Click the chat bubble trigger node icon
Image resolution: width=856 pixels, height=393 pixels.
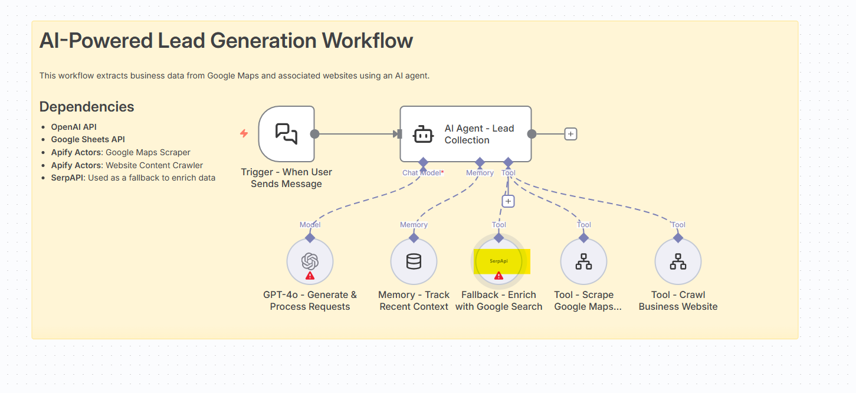[286, 134]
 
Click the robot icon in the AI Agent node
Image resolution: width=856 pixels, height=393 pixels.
[423, 134]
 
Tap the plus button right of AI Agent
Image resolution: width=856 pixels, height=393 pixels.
[570, 134]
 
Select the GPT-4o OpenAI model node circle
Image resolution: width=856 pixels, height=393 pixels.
[310, 261]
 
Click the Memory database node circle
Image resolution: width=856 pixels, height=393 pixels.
[414, 261]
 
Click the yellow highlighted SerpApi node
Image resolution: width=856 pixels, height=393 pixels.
[499, 261]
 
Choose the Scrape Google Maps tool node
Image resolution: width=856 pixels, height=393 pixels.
[583, 261]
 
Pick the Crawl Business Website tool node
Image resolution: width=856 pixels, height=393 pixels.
[678, 261]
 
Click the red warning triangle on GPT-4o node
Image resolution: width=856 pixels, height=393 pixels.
[310, 276]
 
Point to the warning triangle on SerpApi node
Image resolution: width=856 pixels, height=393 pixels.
[498, 276]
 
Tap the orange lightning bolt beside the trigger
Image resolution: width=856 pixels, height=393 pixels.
[244, 134]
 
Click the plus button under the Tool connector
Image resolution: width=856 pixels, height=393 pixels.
[508, 201]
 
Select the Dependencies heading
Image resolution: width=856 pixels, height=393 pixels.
[87, 107]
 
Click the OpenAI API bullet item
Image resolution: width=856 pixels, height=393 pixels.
[74, 127]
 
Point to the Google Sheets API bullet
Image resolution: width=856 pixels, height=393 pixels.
[88, 139]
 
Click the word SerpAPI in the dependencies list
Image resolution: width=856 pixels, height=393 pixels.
[68, 178]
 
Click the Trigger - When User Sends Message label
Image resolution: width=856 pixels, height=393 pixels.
[286, 178]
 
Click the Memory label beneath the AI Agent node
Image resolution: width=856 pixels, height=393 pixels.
[480, 173]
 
